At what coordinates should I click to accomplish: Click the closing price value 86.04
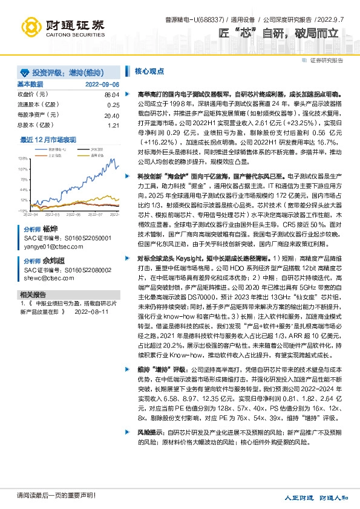[x=111, y=95]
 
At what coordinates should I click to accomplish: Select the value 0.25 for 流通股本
[x=113, y=105]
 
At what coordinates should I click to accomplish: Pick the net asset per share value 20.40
[x=111, y=115]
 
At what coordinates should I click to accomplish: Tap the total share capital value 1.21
[x=113, y=125]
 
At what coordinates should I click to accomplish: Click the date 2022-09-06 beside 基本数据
[x=102, y=85]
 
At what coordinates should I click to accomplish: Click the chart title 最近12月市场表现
[x=48, y=140]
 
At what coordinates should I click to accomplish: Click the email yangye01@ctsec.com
[x=50, y=247]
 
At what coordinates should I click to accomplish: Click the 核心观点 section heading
[x=149, y=71]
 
